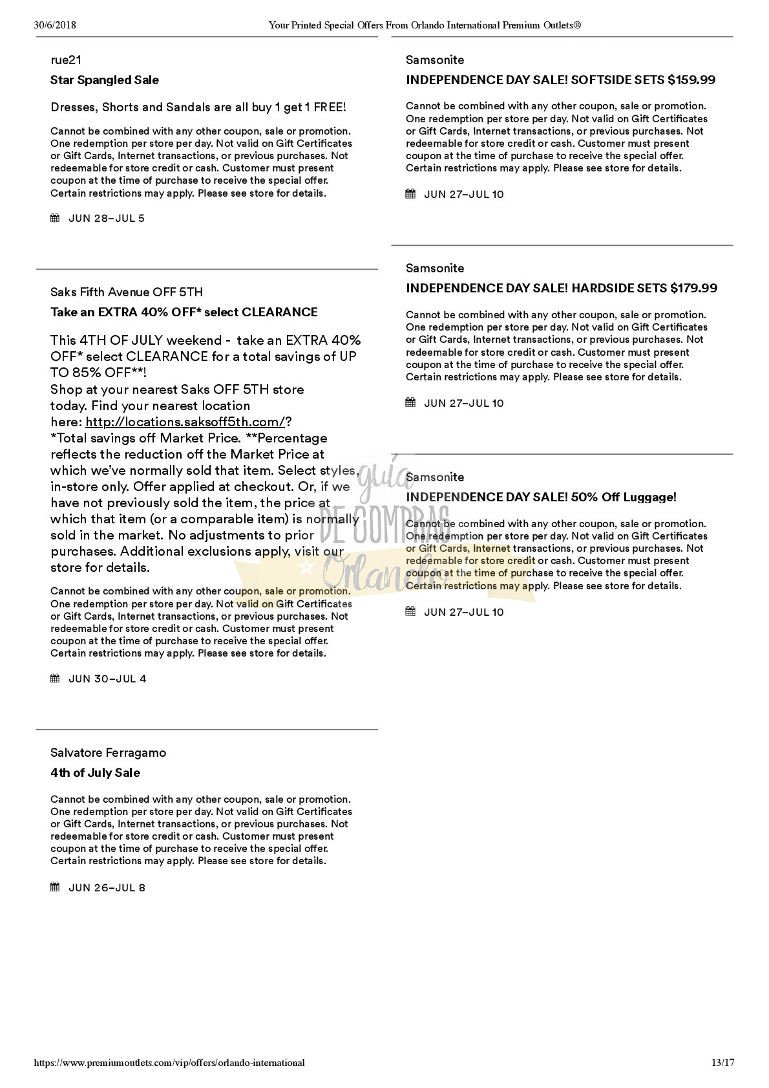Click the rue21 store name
click(x=66, y=60)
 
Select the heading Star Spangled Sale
click(x=105, y=80)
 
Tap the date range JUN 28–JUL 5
click(x=107, y=219)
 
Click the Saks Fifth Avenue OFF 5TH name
click(x=127, y=292)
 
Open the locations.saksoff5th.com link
click(x=185, y=422)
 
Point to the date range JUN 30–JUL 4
click(x=107, y=679)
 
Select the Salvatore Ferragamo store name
click(x=108, y=753)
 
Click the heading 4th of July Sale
click(x=95, y=773)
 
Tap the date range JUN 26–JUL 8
click(x=107, y=888)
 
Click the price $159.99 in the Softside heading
click(x=691, y=80)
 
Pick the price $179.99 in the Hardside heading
click(x=693, y=288)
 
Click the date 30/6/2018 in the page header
click(x=55, y=26)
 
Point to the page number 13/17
click(x=722, y=1063)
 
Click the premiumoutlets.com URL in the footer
click(x=169, y=1063)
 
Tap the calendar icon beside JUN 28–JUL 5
click(x=55, y=218)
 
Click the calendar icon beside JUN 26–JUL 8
click(x=55, y=887)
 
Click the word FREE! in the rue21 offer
click(x=329, y=107)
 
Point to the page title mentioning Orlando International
click(x=425, y=26)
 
